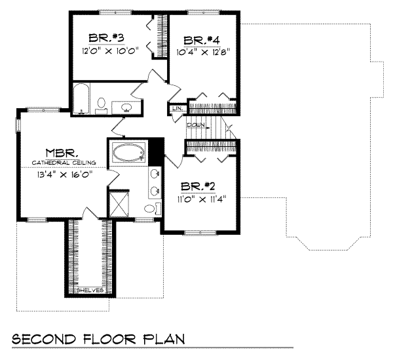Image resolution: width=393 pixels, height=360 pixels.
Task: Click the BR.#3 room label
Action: pos(103,37)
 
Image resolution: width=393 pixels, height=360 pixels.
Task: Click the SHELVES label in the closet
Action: pos(90,289)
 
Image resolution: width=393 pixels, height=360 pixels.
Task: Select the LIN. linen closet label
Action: pos(176,109)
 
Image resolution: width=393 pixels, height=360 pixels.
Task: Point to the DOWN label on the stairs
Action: pos(196,125)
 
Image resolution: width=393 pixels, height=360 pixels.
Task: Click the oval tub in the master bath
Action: pos(128,154)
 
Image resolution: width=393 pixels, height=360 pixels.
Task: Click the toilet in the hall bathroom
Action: pos(102,105)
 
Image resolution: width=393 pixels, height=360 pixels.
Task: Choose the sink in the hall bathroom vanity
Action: pos(126,106)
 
